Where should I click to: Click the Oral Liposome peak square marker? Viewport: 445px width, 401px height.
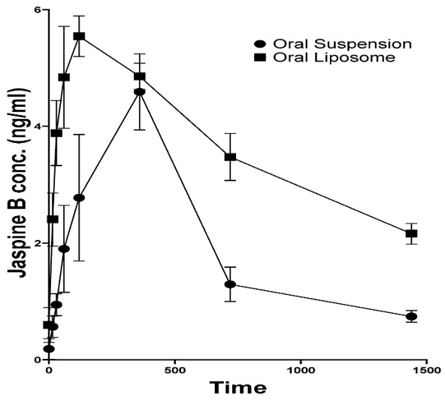(x=79, y=36)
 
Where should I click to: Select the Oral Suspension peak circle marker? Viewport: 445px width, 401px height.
(x=139, y=92)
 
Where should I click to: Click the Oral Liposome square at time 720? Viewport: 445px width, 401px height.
(x=230, y=157)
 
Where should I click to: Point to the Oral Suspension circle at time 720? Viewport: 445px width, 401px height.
(x=230, y=284)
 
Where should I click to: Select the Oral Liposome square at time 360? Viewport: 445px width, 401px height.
(x=139, y=77)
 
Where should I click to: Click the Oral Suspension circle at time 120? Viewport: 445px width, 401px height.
(x=79, y=198)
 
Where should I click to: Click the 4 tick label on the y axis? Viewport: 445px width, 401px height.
(x=38, y=127)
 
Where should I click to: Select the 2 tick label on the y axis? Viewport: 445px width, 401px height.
(x=38, y=243)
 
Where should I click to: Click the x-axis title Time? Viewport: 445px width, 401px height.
(x=238, y=389)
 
